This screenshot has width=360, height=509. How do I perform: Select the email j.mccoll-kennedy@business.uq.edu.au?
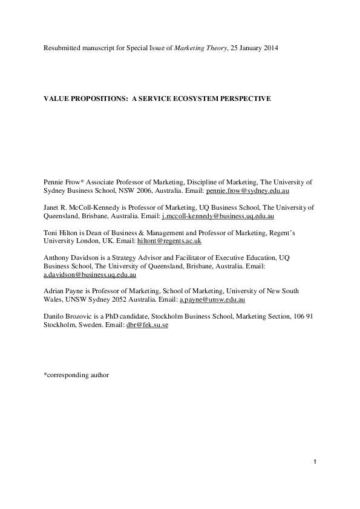(x=218, y=216)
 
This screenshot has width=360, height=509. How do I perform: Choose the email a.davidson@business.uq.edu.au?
(x=90, y=274)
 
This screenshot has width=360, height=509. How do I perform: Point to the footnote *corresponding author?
(x=76, y=375)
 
